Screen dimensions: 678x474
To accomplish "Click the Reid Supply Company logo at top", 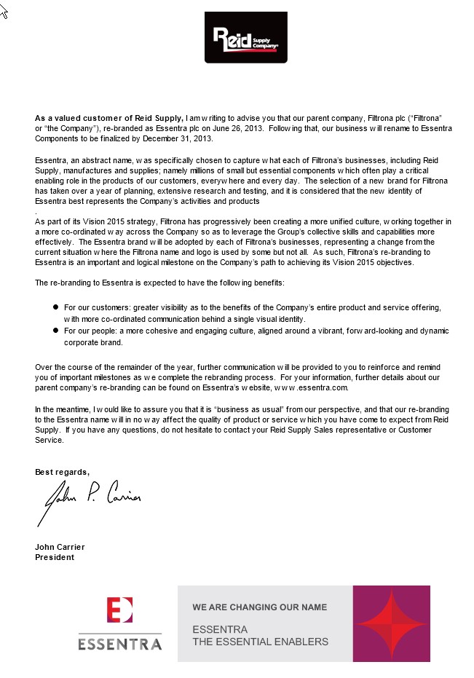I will (x=245, y=39).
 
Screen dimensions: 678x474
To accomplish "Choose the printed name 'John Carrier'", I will (x=60, y=547).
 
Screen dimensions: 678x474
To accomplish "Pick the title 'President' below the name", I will (x=55, y=557).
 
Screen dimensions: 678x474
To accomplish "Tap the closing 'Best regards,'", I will (x=63, y=472).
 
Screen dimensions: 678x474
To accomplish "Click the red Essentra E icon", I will (x=119, y=610).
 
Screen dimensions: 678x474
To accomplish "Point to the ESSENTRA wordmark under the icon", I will (x=119, y=644).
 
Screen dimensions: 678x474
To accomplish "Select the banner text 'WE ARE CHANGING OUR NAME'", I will (x=259, y=607).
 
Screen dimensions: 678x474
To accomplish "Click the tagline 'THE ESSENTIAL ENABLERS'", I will (x=260, y=642).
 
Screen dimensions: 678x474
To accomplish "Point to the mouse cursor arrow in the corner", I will (x=4, y=12).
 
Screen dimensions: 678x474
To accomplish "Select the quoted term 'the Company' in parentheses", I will (x=70, y=127).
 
